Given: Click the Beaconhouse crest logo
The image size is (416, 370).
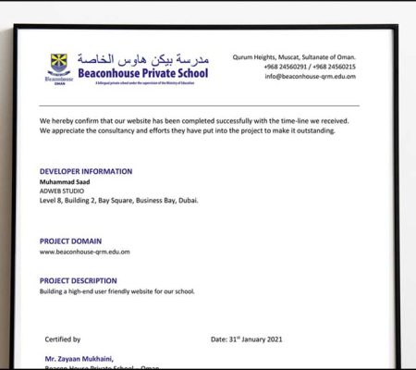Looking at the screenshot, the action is pyautogui.click(x=57, y=66).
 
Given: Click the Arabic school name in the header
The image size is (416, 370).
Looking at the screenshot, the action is pyautogui.click(x=143, y=57).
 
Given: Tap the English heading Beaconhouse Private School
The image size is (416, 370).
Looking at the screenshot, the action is pyautogui.click(x=143, y=72).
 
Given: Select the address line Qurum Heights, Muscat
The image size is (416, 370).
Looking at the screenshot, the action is pyautogui.click(x=294, y=56).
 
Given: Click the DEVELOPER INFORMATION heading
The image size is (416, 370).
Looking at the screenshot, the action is pyautogui.click(x=86, y=171).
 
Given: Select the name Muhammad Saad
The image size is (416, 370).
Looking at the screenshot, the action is pyautogui.click(x=67, y=181).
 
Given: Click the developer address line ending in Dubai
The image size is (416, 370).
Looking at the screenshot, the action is pyautogui.click(x=118, y=200).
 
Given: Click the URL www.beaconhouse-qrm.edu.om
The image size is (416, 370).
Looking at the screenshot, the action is pyautogui.click(x=84, y=251).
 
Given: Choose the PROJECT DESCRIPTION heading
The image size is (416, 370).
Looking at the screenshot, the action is pyautogui.click(x=79, y=280).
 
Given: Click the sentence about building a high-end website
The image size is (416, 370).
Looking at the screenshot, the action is pyautogui.click(x=116, y=291).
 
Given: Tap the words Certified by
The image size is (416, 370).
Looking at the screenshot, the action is pyautogui.click(x=63, y=339).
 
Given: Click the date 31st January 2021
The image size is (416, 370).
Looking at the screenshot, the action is pyautogui.click(x=247, y=339).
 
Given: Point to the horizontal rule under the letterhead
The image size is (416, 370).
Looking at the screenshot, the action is pyautogui.click(x=199, y=105).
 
